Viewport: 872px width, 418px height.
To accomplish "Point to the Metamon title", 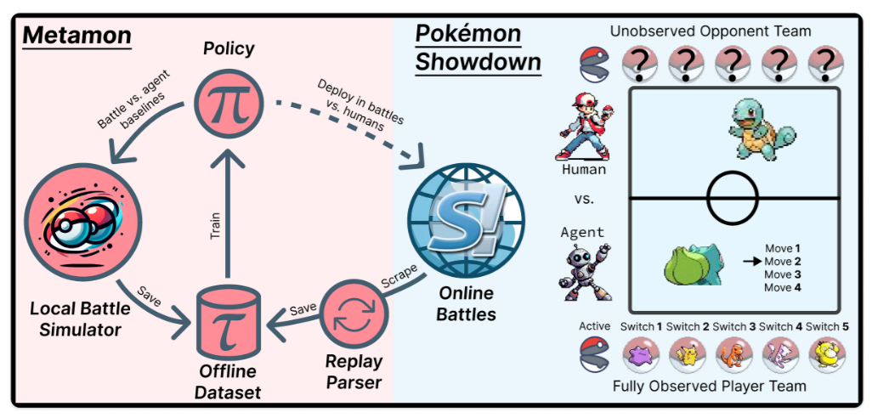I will tap(77, 36).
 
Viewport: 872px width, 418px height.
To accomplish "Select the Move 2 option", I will tap(783, 262).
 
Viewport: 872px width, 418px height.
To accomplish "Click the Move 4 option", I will tap(783, 288).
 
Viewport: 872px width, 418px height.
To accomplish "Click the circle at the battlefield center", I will tap(733, 197).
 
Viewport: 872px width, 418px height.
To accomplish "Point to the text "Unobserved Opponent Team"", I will tap(711, 31).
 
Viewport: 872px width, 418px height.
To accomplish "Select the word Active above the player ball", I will tap(595, 327).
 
